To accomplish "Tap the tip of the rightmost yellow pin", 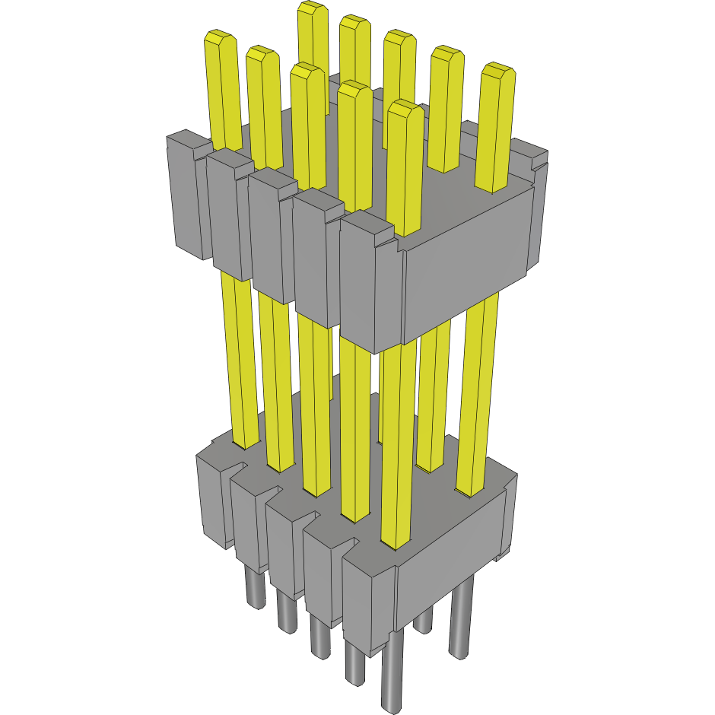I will pos(499,71).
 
